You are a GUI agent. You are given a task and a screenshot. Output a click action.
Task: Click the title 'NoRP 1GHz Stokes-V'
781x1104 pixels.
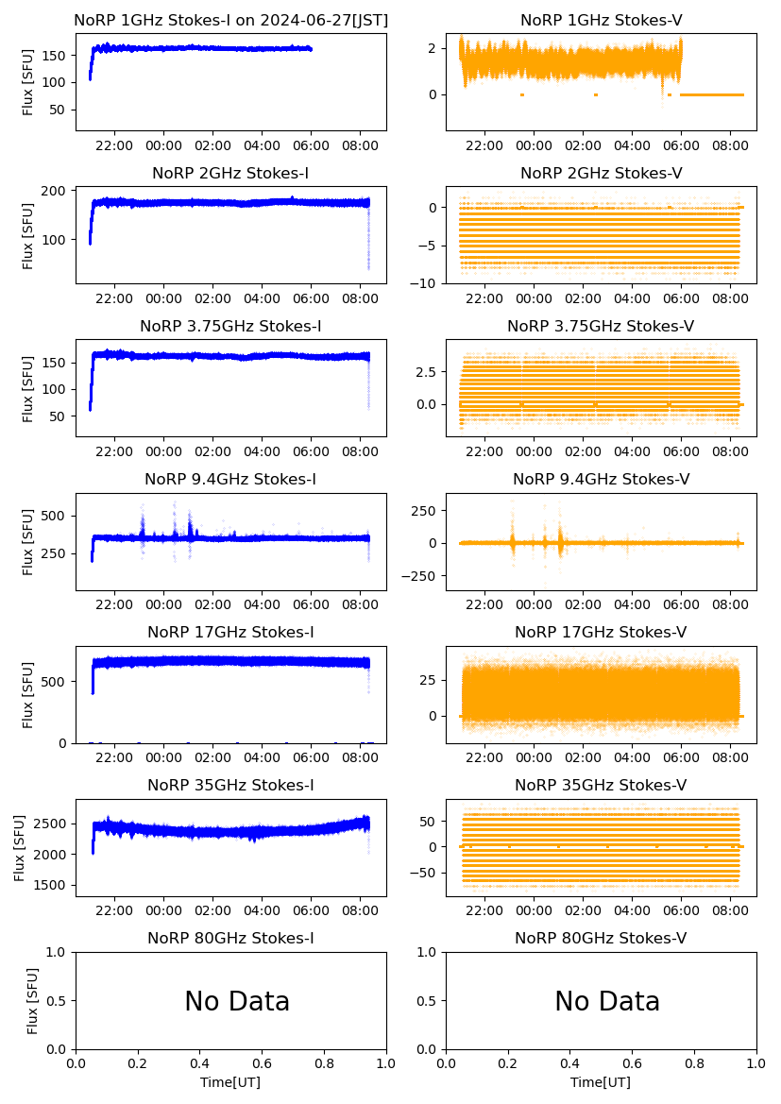click(x=602, y=20)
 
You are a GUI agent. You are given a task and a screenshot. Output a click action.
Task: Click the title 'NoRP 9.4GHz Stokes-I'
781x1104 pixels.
click(x=230, y=479)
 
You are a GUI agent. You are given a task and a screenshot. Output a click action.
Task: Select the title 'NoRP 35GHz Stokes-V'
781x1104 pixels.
click(x=602, y=785)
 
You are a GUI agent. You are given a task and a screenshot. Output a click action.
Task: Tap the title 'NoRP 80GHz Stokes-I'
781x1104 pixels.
click(x=230, y=938)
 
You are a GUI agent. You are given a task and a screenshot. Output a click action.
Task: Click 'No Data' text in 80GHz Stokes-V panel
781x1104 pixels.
click(x=607, y=1001)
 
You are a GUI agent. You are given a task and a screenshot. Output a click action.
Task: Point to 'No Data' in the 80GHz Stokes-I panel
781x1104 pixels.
click(x=237, y=1001)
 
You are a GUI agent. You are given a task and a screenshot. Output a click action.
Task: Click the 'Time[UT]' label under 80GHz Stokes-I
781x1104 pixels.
click(x=230, y=1082)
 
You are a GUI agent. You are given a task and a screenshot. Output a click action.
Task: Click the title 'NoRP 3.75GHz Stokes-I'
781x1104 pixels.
click(x=230, y=326)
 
